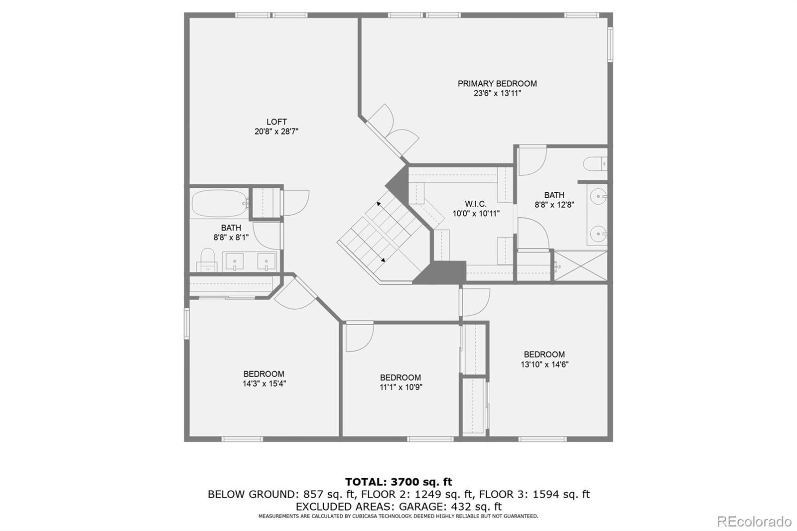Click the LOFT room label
click(276, 122)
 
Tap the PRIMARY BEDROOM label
click(497, 84)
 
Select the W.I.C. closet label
click(476, 204)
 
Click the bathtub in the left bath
click(219, 204)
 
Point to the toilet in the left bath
click(207, 260)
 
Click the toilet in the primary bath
click(595, 164)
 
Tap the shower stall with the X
click(581, 266)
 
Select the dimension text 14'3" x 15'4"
click(264, 384)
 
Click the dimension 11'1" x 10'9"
click(400, 387)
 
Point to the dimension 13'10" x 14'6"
click(544, 365)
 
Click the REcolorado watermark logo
click(754, 522)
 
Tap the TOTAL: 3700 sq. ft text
click(398, 482)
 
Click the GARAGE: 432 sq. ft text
click(450, 507)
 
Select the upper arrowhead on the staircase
click(379, 204)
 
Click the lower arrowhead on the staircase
click(383, 260)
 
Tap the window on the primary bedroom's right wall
click(610, 44)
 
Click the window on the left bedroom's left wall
click(186, 323)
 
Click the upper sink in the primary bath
click(598, 196)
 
